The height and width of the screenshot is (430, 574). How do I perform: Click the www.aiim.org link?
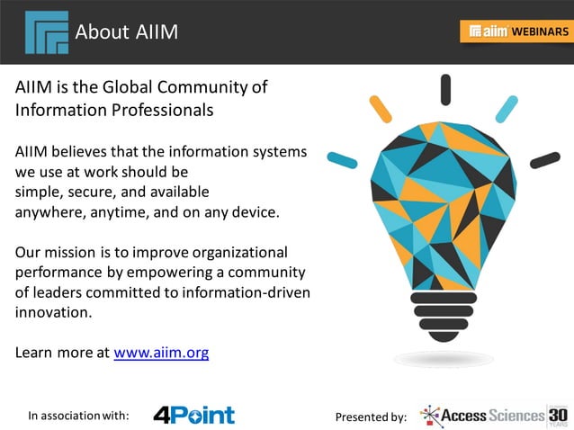(x=161, y=353)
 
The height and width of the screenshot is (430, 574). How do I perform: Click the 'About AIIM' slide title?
(x=127, y=32)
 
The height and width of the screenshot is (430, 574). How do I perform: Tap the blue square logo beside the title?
(x=47, y=32)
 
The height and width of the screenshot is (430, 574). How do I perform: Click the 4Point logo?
(x=193, y=415)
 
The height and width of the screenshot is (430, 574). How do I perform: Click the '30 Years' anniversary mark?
(x=558, y=415)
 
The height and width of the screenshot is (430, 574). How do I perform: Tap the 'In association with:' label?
(x=78, y=416)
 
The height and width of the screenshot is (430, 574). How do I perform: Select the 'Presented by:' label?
(x=371, y=417)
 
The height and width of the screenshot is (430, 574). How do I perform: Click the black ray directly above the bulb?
(x=445, y=90)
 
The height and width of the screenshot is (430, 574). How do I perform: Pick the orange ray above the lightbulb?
(x=381, y=108)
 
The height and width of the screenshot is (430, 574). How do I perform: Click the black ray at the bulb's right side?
(x=544, y=160)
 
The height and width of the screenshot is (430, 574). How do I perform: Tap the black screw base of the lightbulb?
(x=444, y=315)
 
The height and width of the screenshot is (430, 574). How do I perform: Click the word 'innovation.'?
(x=53, y=312)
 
